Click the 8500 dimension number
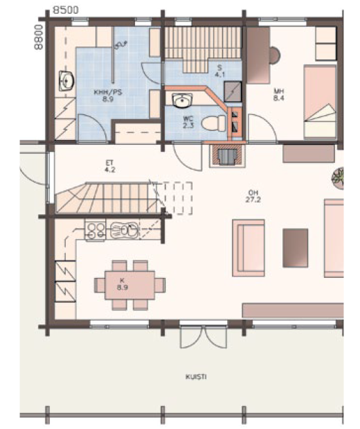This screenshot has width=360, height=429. coord(66,10)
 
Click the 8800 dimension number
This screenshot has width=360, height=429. coord(39,37)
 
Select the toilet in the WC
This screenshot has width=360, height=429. coord(214,123)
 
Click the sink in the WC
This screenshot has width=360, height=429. coord(182,100)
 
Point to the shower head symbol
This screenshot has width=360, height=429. coord(120,45)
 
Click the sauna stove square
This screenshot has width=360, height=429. coord(233,91)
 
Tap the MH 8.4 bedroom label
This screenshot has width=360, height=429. coord(278,95)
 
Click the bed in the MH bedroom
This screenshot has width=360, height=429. coord(320,102)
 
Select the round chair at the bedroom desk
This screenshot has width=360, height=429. coord(275,55)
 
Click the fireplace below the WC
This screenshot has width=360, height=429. coord(228,155)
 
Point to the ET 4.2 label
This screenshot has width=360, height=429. coord(110,166)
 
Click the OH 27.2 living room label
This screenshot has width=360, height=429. coord(253,196)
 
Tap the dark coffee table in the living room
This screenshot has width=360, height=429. coord(295,248)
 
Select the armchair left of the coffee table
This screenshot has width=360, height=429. coord(249,248)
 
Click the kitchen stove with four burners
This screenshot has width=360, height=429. coord(95,230)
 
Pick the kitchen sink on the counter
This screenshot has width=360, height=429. coord(124,229)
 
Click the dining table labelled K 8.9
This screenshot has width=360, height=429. coord(130,285)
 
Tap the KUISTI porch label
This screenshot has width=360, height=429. coord(196,377)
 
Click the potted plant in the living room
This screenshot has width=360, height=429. coord(338,177)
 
